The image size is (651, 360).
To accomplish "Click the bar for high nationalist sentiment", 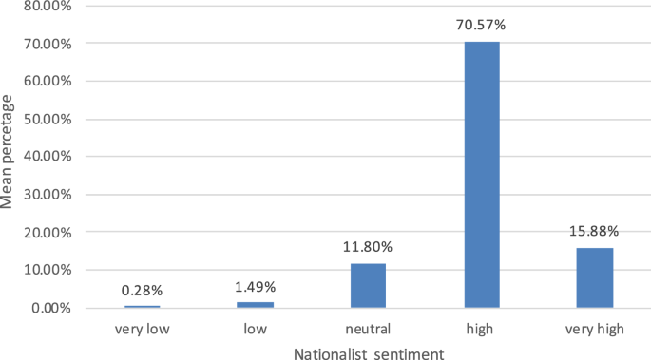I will (x=482, y=175).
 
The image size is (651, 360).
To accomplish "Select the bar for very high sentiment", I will (x=595, y=277).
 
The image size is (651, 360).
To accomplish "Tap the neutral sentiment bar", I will (x=368, y=285).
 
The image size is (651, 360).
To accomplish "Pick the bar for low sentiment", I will (x=255, y=304).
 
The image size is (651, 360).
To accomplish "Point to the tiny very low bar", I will (x=142, y=306).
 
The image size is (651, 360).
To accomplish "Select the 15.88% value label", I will (x=595, y=231).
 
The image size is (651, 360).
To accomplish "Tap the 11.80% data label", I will (x=368, y=247).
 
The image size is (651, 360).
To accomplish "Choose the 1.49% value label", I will (x=255, y=286).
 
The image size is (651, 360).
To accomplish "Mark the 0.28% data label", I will (x=142, y=290).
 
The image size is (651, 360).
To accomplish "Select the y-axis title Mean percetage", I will (x=9, y=156).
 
